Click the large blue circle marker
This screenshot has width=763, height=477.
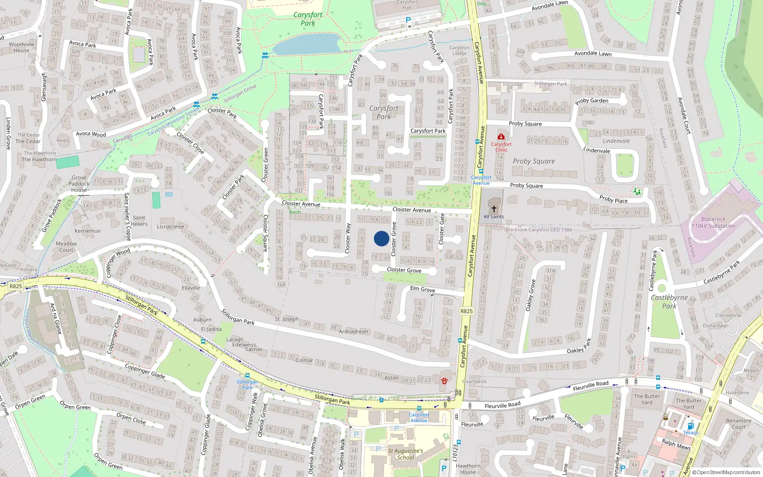[381, 238]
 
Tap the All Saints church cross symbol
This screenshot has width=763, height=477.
[494, 208]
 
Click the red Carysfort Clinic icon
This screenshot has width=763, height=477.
[501, 137]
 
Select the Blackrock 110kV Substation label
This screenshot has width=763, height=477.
[713, 223]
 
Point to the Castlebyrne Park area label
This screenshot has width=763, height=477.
[670, 301]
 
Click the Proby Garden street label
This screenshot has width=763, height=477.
[592, 101]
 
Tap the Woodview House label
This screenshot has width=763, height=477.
[21, 47]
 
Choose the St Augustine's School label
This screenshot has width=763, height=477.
[405, 454]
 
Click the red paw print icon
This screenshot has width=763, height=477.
[444, 381]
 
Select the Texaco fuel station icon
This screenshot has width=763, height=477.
[690, 426]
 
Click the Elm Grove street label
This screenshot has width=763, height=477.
[423, 289]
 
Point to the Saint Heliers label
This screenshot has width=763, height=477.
[139, 221]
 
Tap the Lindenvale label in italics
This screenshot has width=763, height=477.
[616, 141]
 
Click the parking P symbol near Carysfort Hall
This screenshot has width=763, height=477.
[408, 20]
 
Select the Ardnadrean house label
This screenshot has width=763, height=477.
[353, 332]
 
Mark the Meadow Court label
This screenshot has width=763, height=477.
[66, 247]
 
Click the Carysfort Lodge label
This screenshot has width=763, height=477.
[459, 50]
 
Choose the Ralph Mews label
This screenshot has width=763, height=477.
[676, 444]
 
